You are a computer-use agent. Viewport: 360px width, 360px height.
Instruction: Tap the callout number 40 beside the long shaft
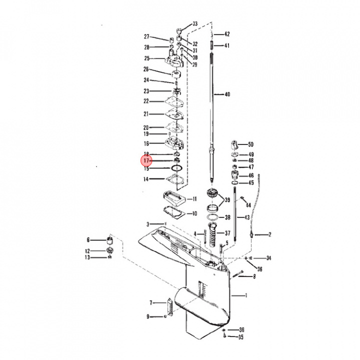pyautogui.click(x=227, y=94)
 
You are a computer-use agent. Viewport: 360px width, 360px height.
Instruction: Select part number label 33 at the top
pyautogui.click(x=195, y=24)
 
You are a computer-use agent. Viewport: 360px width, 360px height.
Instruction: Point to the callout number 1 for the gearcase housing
pyautogui.click(x=246, y=295)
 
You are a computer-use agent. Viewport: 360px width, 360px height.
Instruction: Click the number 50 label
pyautogui.click(x=250, y=144)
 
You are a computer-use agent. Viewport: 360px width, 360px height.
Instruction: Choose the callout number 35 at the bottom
pyautogui.click(x=241, y=337)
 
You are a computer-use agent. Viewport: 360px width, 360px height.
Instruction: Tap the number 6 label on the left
pyautogui.click(x=88, y=240)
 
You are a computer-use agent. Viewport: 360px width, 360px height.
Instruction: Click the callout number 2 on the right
pyautogui.click(x=270, y=234)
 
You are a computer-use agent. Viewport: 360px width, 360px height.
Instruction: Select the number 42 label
pyautogui.click(x=227, y=34)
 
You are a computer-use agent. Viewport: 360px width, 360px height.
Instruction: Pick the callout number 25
pyautogui.click(x=146, y=58)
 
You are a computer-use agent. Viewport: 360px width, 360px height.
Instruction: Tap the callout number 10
pyautogui.click(x=195, y=213)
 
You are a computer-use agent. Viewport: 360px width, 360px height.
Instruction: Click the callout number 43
pyautogui.click(x=246, y=217)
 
